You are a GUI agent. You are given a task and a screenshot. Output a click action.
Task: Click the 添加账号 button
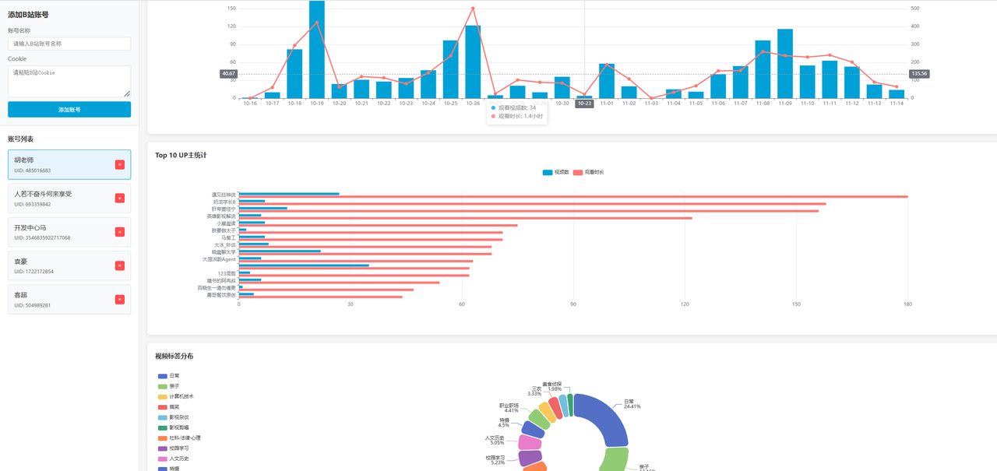(69, 110)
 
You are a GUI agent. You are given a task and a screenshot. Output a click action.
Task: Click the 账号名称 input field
(69, 44)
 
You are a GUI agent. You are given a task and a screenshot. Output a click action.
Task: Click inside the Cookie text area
(69, 81)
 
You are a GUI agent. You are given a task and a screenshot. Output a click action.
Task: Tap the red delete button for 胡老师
(119, 164)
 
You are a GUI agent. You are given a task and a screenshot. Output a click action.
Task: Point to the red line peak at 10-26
(473, 9)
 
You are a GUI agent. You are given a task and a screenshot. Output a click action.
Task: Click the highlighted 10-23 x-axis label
(584, 103)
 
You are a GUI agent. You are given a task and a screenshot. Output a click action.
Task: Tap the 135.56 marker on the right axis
(918, 74)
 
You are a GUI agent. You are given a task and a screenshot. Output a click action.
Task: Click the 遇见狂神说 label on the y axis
(224, 195)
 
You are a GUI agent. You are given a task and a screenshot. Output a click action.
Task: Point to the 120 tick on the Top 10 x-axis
(685, 304)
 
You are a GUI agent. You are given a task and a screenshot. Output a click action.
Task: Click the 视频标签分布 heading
(174, 356)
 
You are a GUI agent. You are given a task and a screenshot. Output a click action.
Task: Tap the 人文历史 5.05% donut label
(494, 440)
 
